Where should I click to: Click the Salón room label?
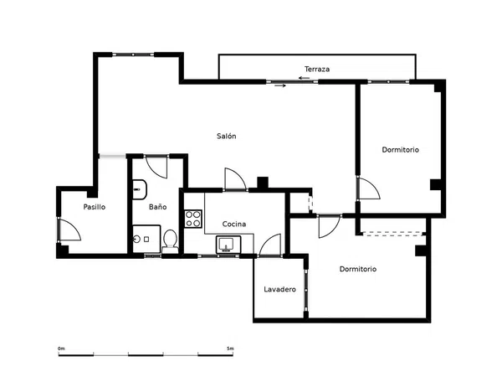coord(227,136)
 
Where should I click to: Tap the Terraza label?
coord(317,69)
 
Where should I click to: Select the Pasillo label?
coord(94,207)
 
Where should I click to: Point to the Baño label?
coord(158,207)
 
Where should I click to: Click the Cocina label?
coord(234,224)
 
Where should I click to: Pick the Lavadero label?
coord(279,289)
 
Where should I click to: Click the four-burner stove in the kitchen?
coord(193,219)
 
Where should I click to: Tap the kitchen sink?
coord(228,245)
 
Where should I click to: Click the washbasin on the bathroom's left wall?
coord(140,189)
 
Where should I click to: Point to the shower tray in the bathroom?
coord(146,239)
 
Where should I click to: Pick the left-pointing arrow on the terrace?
coord(305,78)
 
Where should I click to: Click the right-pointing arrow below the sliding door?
coord(280,85)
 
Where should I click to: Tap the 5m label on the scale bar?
coord(230,349)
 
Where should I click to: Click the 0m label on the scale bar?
coord(61,349)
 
